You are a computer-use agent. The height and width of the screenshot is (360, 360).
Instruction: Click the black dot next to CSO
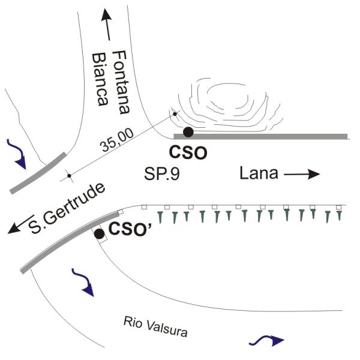188,132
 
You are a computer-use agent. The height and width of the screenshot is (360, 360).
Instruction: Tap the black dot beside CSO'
99,234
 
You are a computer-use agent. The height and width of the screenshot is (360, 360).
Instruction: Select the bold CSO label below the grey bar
188,153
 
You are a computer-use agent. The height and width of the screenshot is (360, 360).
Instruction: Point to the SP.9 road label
161,175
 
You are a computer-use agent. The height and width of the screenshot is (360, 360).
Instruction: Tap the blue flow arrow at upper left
17,153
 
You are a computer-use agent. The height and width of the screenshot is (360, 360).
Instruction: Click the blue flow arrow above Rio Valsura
83,281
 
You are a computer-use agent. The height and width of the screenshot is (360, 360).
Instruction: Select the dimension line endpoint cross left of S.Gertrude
68,176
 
